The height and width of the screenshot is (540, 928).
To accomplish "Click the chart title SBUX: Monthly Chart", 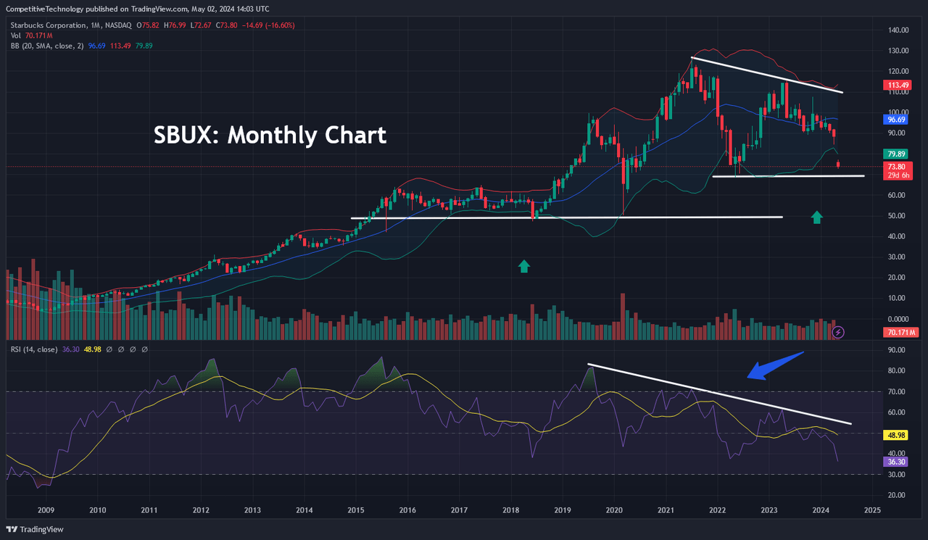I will pos(270,136).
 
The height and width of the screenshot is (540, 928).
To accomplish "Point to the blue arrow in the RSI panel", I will pos(775,365).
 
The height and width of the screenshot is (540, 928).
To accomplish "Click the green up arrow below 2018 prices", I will pos(524,266).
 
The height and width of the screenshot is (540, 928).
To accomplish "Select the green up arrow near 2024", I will pos(817,216).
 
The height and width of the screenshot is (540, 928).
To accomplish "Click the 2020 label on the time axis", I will pos(614,510).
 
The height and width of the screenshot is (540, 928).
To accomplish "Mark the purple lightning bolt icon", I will pos(838,332).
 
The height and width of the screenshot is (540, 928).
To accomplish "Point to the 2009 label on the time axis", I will pos(46,510).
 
